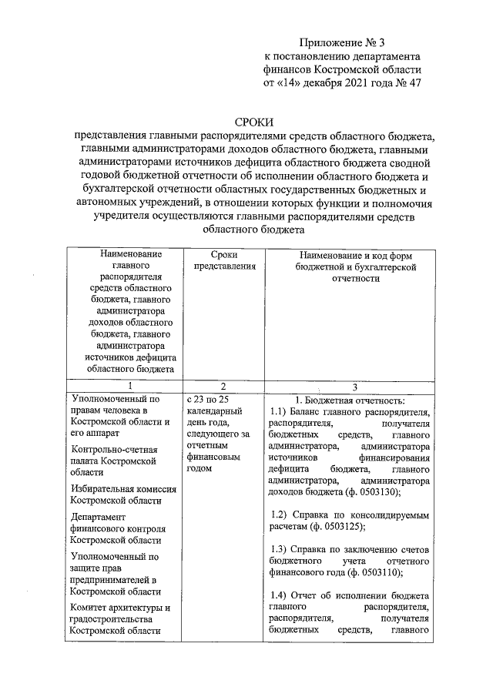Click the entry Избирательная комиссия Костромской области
[122, 494]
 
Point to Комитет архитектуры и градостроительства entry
[119, 619]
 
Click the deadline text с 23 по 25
[208, 400]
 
